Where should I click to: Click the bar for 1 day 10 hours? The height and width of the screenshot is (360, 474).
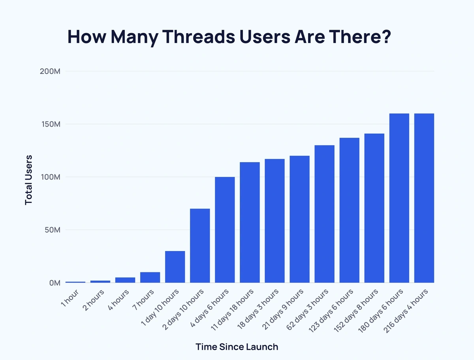tap(175, 267)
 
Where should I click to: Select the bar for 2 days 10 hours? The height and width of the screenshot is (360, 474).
tap(200, 246)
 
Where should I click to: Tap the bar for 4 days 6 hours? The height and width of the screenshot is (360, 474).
tap(225, 230)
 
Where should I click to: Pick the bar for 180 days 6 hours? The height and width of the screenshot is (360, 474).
tap(399, 198)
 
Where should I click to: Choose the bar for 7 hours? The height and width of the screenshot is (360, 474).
tap(150, 277)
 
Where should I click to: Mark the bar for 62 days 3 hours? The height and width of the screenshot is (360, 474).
tap(325, 214)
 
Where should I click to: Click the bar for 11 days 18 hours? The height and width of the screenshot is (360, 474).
tap(250, 222)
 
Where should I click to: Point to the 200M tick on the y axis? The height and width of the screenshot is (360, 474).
tap(50, 71)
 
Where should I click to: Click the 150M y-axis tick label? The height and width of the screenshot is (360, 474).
tap(50, 124)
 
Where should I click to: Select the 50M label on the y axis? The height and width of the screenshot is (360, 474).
tap(52, 230)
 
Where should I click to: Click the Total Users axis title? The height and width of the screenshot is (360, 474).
tap(28, 180)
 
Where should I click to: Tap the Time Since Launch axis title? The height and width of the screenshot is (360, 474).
tap(237, 347)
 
